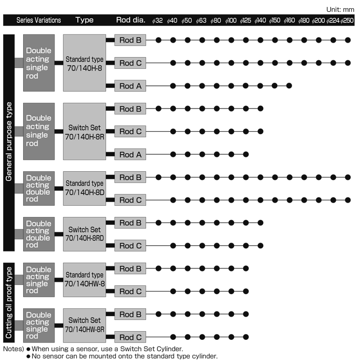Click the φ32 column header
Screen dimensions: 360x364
(x=157, y=21)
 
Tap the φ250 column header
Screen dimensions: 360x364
(x=347, y=21)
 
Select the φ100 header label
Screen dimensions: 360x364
(x=231, y=21)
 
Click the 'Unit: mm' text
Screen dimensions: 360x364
(x=340, y=10)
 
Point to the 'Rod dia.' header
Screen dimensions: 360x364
(x=131, y=20)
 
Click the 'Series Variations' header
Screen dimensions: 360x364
(x=39, y=20)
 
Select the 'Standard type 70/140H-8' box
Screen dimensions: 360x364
(x=84, y=63)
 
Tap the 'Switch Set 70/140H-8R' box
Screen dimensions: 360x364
(x=84, y=132)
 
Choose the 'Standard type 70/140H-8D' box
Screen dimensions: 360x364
(x=84, y=188)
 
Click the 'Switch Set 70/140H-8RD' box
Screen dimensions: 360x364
(x=84, y=234)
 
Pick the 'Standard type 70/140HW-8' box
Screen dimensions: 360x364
(x=84, y=280)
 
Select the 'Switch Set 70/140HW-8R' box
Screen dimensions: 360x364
(x=84, y=325)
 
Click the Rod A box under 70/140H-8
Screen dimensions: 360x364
(x=130, y=86)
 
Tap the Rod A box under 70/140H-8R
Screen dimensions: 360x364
(x=130, y=154)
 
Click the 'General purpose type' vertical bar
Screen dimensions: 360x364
(x=9, y=143)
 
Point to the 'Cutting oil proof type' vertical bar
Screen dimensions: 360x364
(x=9, y=303)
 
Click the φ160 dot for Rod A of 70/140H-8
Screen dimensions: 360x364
(x=289, y=86)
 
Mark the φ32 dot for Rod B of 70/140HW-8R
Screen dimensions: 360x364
(x=158, y=314)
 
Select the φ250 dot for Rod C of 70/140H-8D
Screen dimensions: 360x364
(x=348, y=200)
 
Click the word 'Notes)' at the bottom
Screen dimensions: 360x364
(x=13, y=349)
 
